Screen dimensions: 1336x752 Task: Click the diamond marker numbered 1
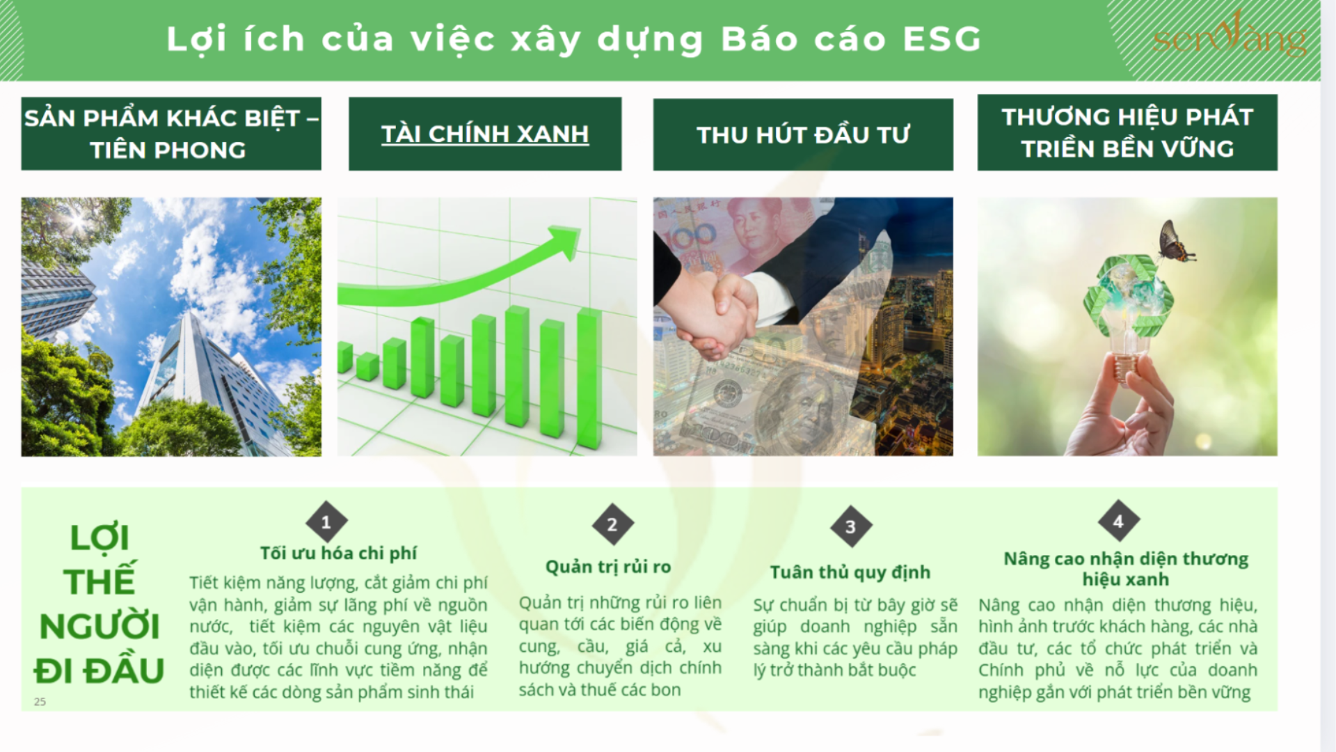tap(326, 522)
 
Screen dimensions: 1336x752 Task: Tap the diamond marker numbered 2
tap(612, 524)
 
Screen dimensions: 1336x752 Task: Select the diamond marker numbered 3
tap(850, 527)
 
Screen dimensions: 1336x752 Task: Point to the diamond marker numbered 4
tap(1118, 521)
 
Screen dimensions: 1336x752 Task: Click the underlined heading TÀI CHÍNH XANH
tap(485, 134)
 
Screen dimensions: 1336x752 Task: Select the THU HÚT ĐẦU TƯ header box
tap(803, 134)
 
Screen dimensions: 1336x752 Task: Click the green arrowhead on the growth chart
tap(566, 241)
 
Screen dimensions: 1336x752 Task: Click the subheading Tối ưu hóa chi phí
tap(338, 553)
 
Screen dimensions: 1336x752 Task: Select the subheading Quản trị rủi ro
tap(608, 567)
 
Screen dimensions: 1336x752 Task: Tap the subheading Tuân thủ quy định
tap(850, 572)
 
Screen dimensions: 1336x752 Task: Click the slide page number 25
tap(40, 702)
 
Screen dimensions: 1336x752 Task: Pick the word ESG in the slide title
tap(942, 39)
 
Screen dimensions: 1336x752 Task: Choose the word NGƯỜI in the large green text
tap(100, 626)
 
